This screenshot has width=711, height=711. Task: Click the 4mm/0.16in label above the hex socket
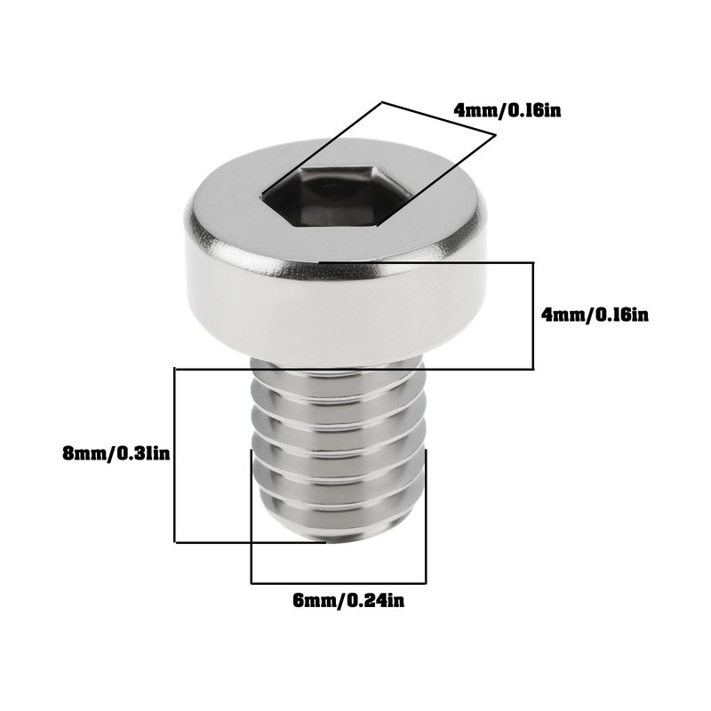tap(507, 110)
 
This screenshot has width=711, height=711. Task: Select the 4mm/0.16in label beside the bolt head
tap(595, 315)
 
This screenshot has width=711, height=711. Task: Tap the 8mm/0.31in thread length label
tap(116, 453)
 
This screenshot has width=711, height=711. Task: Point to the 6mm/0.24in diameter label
tap(348, 602)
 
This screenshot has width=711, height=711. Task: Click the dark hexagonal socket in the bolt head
tap(337, 196)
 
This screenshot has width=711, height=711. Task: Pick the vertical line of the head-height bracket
tap(533, 316)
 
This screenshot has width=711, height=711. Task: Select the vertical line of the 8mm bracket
tap(175, 455)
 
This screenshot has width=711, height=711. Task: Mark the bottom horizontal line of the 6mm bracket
tap(339, 583)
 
